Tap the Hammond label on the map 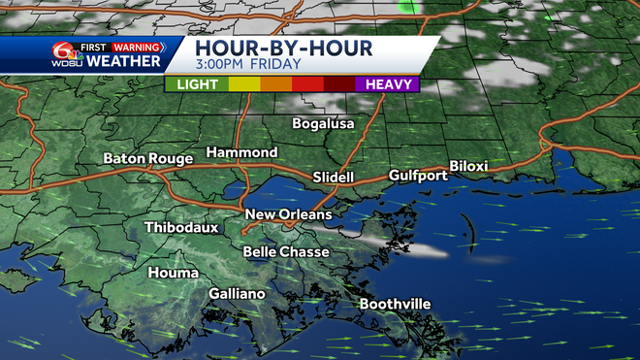(241, 152)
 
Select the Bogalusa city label (324, 124)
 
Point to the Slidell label (336, 178)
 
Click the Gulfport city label (418, 176)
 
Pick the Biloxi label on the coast (468, 166)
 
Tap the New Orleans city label (288, 214)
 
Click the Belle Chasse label (286, 252)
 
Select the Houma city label (174, 273)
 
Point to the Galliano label (238, 294)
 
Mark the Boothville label (395, 304)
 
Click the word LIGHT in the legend (197, 84)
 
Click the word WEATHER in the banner (123, 61)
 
